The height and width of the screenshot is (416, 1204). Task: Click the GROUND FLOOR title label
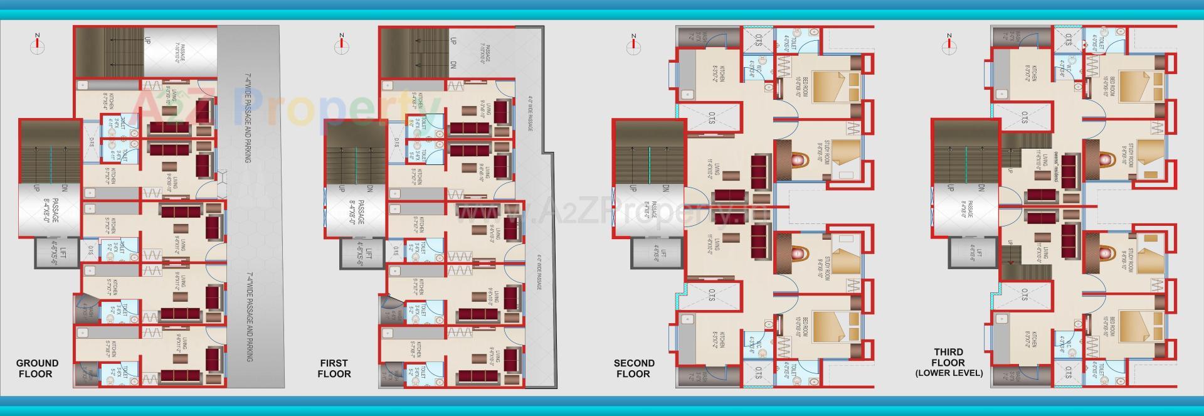tap(37, 368)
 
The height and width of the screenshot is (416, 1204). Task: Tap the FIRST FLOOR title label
tap(334, 368)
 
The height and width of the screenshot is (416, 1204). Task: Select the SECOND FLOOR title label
tap(633, 368)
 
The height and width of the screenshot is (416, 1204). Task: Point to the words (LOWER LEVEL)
tap(948, 373)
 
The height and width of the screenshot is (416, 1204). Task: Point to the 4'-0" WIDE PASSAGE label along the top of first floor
tap(530, 114)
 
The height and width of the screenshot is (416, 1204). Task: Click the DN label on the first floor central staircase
tap(370, 188)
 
